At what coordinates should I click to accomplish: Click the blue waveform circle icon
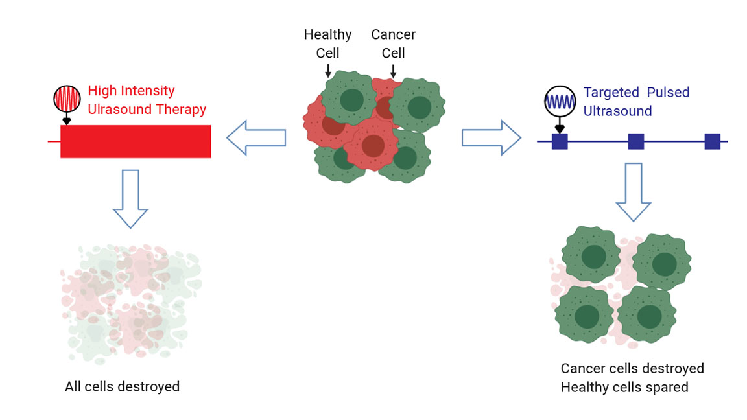pos(560,101)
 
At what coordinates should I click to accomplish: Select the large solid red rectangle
pos(136,141)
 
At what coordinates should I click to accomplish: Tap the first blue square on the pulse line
pos(560,141)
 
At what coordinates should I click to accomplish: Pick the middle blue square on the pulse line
pos(635,141)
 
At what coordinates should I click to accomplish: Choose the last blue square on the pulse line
pos(712,141)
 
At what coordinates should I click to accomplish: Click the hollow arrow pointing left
pos(256,137)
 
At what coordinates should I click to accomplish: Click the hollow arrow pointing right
pos(491,137)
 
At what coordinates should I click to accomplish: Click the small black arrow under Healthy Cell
pos(327,69)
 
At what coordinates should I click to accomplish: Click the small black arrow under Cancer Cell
pos(393,69)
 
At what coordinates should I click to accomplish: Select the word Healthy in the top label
pos(327,34)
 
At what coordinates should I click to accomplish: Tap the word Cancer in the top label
pos(393,34)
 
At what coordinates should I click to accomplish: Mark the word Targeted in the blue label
pos(610,93)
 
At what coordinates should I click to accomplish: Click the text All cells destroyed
pos(122,387)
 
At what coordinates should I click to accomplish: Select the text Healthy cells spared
pos(624,388)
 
